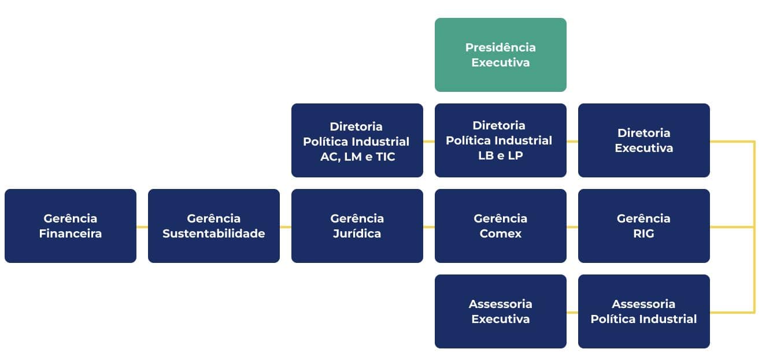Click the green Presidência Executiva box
tap(500, 55)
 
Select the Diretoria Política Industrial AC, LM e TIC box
tap(357, 140)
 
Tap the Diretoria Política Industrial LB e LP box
tap(500, 140)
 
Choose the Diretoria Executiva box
tap(643, 140)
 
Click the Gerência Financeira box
tap(71, 226)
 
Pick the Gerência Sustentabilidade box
tap(213, 226)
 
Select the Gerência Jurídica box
tap(357, 226)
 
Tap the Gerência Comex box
tap(500, 226)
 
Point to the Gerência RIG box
tap(643, 226)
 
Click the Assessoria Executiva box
tap(500, 311)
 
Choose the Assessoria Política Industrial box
tap(643, 311)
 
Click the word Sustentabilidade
tap(213, 233)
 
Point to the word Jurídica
tap(357, 233)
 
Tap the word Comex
tap(500, 233)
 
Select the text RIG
tap(643, 233)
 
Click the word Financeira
tap(71, 233)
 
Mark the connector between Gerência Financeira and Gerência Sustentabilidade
tap(142, 227)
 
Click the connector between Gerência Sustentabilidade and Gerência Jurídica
tap(286, 227)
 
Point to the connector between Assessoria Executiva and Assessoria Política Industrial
tap(572, 313)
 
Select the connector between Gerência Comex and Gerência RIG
tap(572, 227)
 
